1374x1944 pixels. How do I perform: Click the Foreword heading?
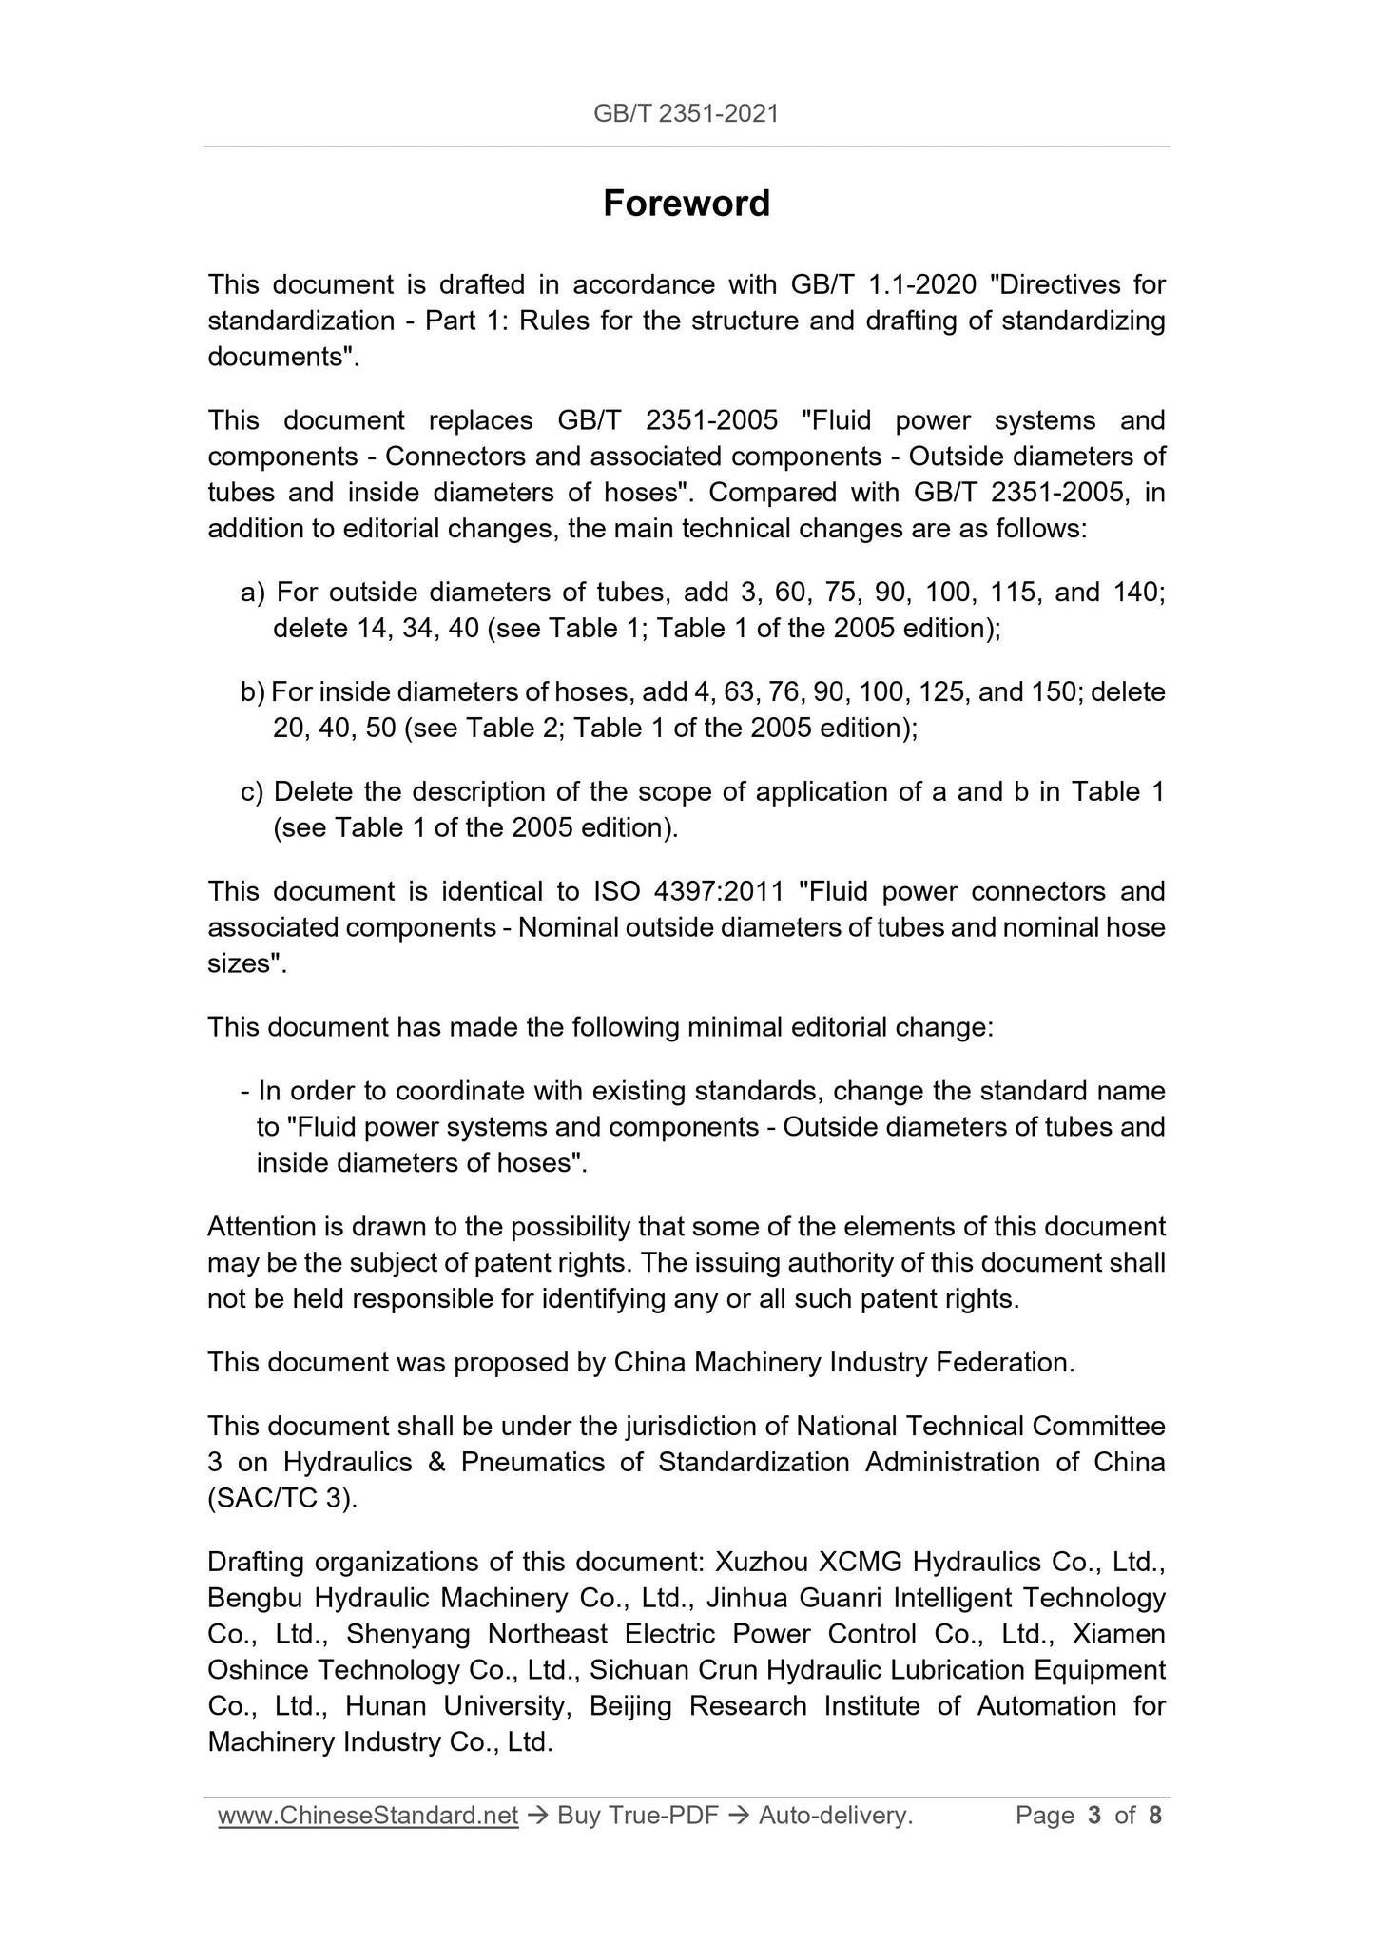tap(686, 204)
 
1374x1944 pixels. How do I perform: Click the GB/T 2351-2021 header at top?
tap(686, 114)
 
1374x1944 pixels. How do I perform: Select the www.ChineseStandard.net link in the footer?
tap(367, 1816)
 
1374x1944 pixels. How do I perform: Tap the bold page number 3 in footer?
tap(1093, 1816)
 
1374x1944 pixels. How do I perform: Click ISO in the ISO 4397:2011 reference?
tap(615, 892)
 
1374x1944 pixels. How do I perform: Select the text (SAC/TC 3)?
tap(282, 1499)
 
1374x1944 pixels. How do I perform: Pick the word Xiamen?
tap(1118, 1635)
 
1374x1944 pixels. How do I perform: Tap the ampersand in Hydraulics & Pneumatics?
tap(436, 1463)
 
